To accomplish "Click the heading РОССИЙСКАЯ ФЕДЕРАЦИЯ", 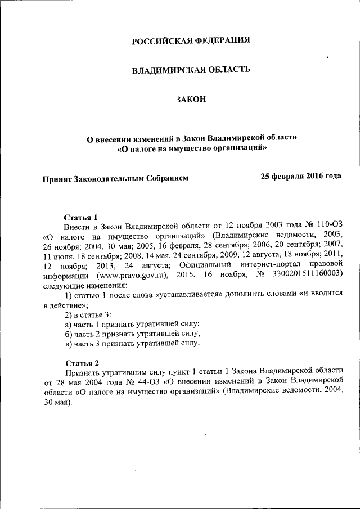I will [x=190, y=40].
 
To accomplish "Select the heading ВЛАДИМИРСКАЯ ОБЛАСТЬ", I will [x=190, y=70].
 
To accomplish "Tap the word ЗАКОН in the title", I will [x=191, y=100].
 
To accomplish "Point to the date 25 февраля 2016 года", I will [x=301, y=176].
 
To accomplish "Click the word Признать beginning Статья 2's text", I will [x=83, y=372].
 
